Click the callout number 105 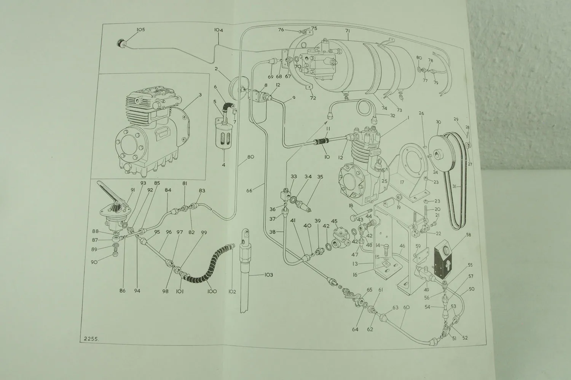[x=140, y=30]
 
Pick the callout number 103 [x=268, y=274]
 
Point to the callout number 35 [x=320, y=177]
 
